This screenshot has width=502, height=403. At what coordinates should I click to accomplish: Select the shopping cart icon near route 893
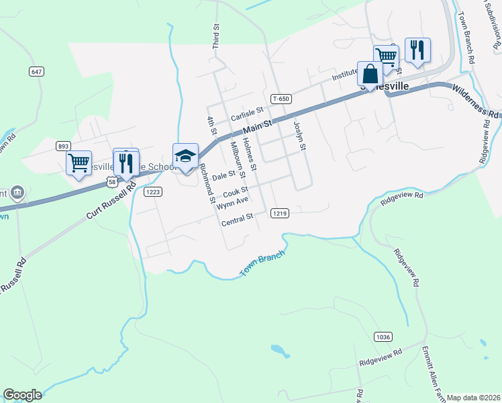(x=79, y=163)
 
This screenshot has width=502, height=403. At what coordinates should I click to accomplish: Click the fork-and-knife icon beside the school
(x=125, y=161)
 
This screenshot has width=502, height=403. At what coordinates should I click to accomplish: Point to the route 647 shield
(x=37, y=71)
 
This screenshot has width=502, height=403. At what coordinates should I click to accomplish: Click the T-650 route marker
(x=281, y=99)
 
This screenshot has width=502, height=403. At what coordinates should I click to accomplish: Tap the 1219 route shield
(x=281, y=214)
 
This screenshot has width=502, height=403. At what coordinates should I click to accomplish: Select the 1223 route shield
(x=153, y=192)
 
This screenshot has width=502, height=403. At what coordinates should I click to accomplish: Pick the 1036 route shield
(x=383, y=337)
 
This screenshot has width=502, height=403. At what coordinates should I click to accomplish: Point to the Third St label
(x=216, y=37)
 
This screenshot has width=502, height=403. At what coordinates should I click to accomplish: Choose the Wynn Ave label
(x=232, y=200)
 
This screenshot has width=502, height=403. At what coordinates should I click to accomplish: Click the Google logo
(x=22, y=395)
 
